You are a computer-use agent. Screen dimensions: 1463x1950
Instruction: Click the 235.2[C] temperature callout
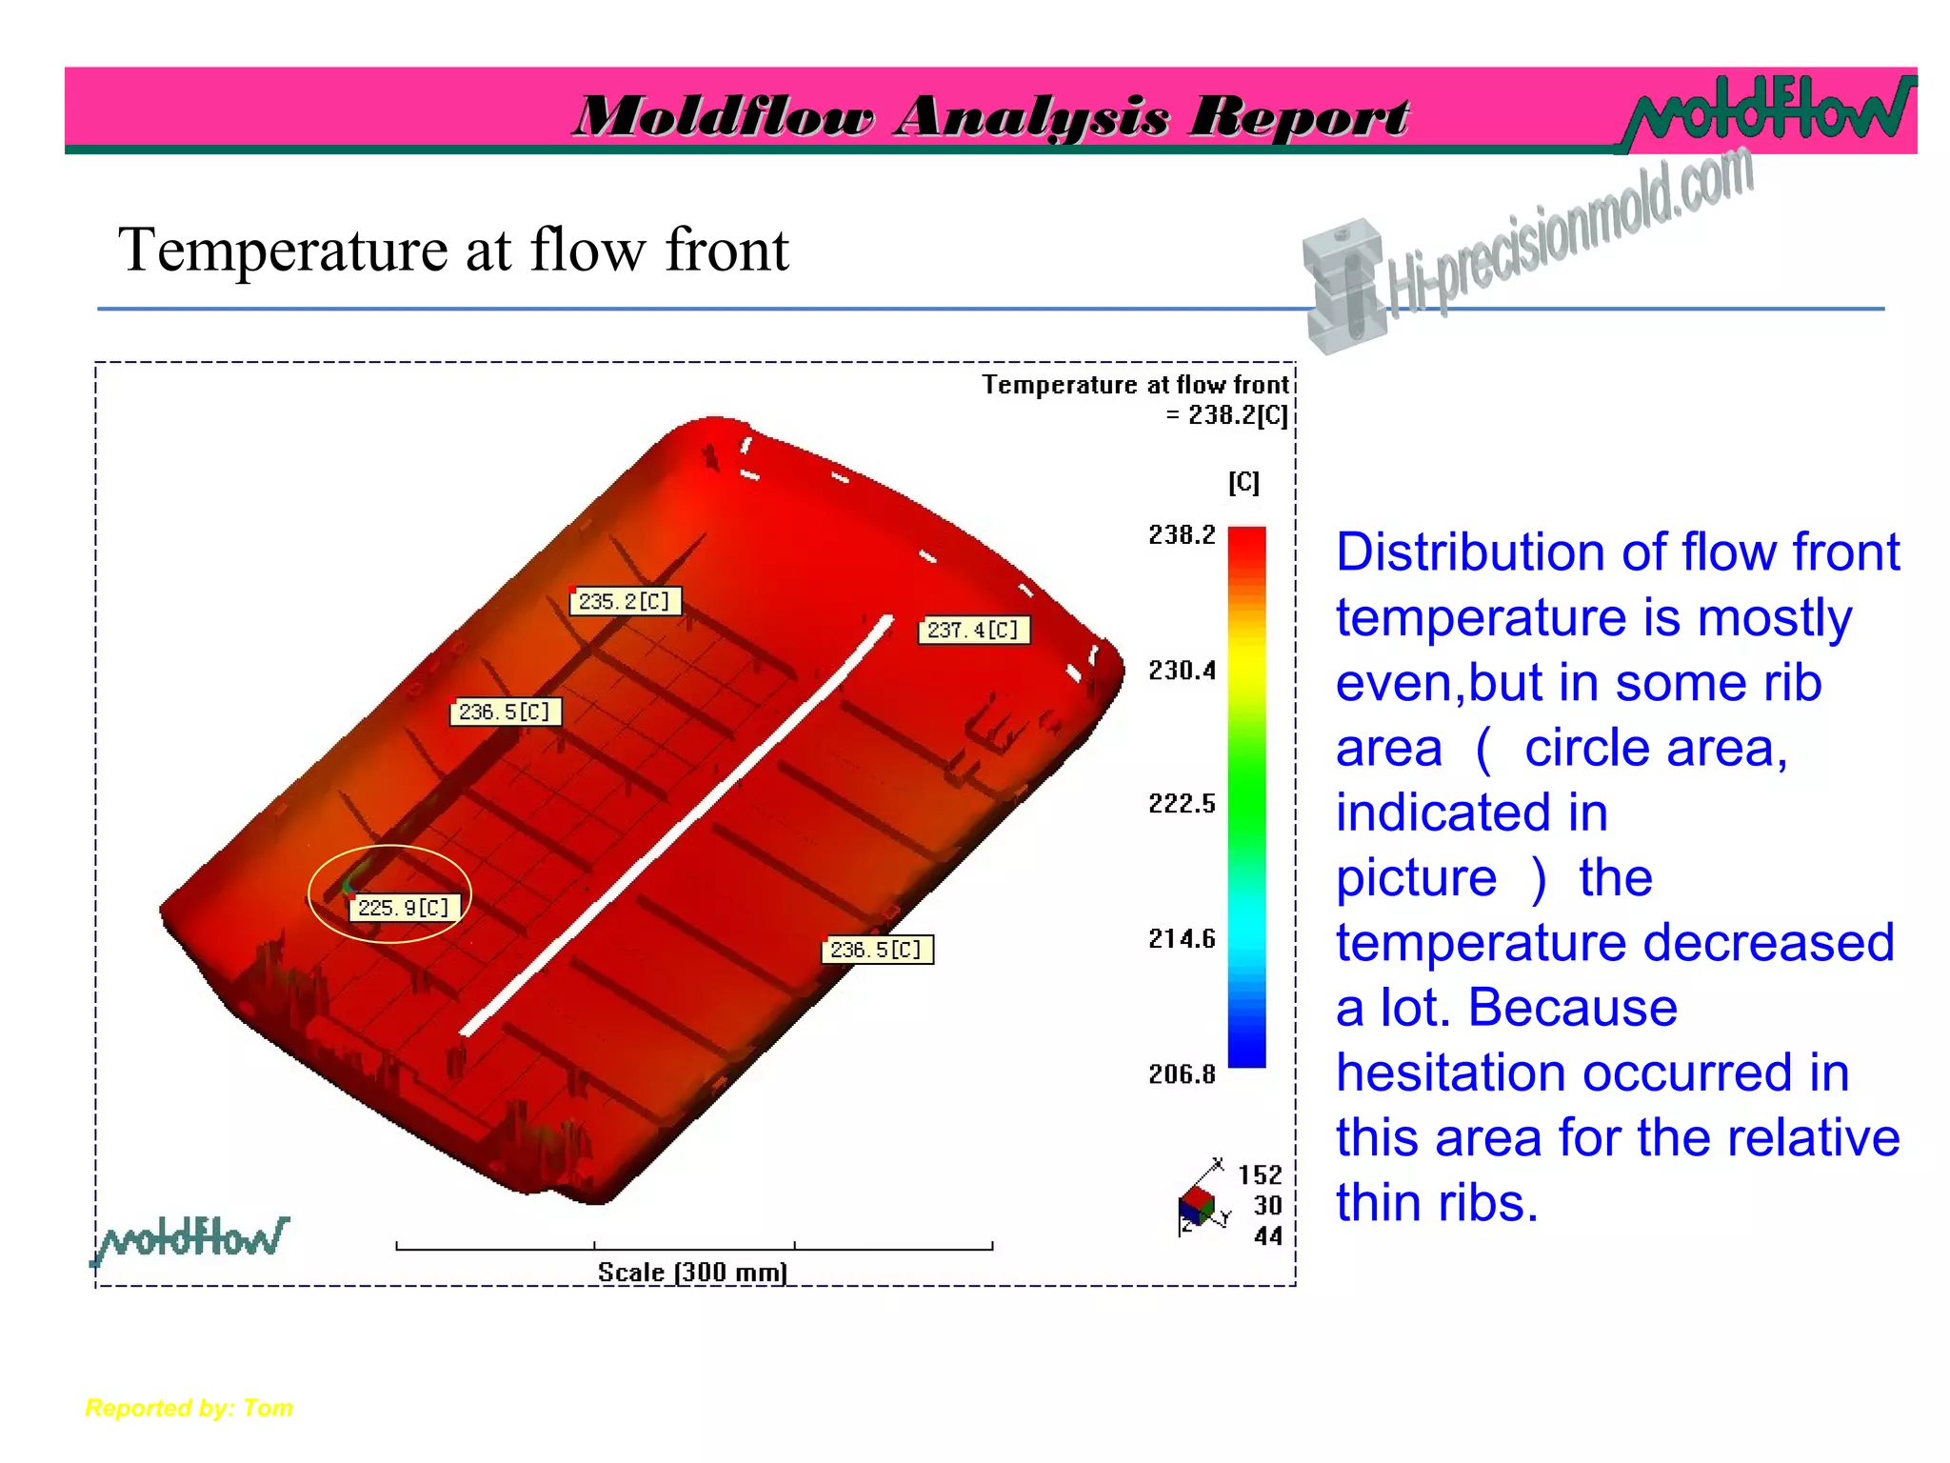pos(625,602)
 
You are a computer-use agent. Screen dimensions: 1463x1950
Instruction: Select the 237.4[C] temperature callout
pos(973,631)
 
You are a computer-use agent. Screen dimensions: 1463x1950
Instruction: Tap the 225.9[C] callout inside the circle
pos(404,908)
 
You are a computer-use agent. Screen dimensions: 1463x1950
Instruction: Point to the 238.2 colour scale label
pos(1182,535)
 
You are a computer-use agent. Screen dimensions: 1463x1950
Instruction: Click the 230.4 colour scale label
pos(1182,671)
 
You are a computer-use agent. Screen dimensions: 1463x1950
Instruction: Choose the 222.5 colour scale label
pos(1182,805)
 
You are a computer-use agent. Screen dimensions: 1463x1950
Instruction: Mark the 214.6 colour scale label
pos(1182,940)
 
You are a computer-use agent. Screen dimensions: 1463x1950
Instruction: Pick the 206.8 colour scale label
pos(1182,1075)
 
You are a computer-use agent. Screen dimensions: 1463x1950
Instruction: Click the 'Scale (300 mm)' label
pos(692,1273)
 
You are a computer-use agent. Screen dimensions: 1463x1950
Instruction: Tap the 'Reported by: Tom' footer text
pos(189,1408)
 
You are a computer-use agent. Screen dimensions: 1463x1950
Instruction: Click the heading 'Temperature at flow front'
pos(453,251)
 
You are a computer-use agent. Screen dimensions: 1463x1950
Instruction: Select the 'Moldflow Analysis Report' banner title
pos(990,117)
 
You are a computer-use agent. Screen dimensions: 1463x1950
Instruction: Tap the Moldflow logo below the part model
pos(191,1239)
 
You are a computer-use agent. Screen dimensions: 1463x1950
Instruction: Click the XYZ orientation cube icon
pos(1198,1207)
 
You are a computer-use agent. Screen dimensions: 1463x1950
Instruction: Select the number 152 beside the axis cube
pos(1260,1175)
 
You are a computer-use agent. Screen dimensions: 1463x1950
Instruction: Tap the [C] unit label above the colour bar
pos(1244,483)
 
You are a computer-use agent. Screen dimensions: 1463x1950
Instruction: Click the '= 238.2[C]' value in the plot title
pos(1226,415)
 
